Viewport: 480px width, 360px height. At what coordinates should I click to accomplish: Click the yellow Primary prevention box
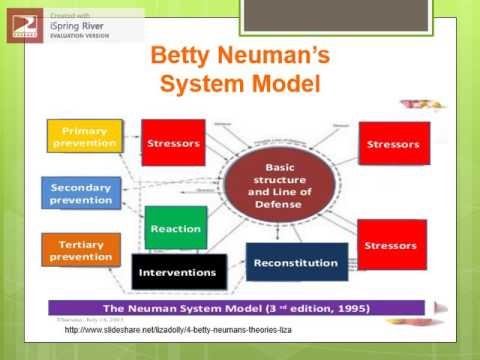(x=84, y=137)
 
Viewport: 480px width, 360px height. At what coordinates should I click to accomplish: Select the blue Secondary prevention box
(x=81, y=192)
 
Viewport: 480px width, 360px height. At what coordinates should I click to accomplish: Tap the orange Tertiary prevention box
(x=81, y=249)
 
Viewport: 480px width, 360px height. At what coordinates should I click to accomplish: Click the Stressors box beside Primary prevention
(x=173, y=143)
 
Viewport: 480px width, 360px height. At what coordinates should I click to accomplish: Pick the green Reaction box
(x=175, y=229)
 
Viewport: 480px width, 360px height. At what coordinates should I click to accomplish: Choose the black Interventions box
(x=179, y=272)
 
